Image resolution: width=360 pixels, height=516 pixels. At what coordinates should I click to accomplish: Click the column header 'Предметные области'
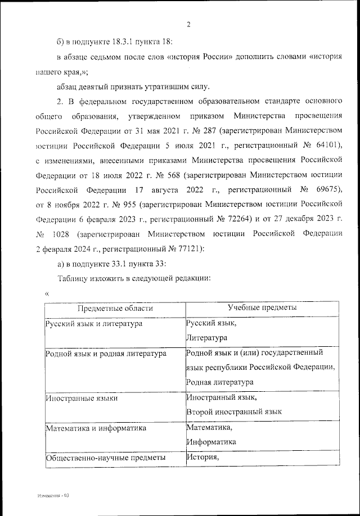click(x=115, y=308)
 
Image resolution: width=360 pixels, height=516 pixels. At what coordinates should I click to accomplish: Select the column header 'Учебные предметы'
click(x=262, y=307)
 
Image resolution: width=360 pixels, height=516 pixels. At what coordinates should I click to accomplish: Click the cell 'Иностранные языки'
click(x=79, y=398)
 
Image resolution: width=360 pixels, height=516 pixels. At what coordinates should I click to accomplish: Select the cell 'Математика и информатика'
click(x=95, y=428)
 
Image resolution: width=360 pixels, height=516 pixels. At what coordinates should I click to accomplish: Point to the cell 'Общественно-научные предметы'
click(x=105, y=458)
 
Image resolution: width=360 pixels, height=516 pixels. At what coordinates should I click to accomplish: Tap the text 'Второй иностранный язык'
click(x=234, y=412)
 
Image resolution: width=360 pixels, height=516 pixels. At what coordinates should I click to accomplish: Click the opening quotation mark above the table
click(x=47, y=292)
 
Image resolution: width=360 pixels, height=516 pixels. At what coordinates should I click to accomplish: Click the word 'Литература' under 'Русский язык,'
click(x=207, y=338)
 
